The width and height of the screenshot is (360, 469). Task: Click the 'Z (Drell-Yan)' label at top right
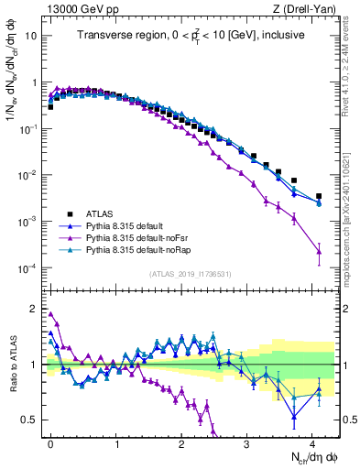[x=306, y=8]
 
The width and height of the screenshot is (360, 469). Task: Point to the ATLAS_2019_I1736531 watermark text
[x=190, y=274]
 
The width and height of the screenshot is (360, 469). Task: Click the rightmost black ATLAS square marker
[x=319, y=196]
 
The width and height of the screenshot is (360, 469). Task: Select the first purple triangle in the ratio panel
[x=50, y=313]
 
